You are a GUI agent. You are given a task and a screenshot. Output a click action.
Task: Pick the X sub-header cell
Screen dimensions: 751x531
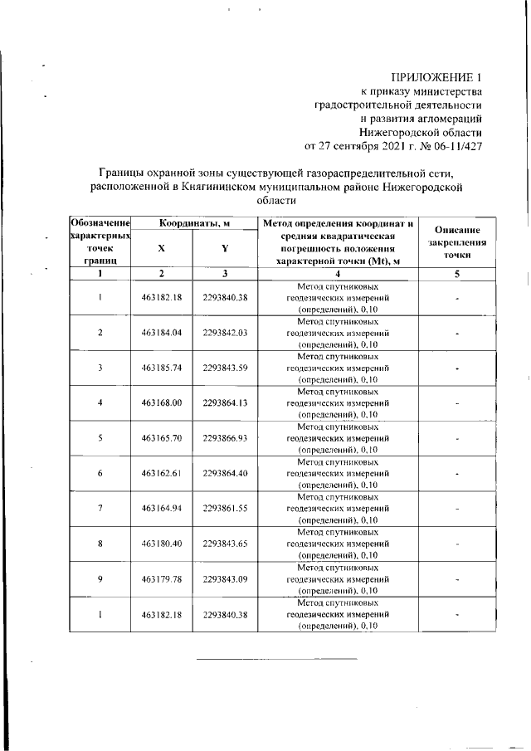pos(161,248)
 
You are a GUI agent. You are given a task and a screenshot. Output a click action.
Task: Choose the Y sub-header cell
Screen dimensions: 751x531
pos(224,248)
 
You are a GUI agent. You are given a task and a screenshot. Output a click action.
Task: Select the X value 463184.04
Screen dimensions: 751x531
pos(161,333)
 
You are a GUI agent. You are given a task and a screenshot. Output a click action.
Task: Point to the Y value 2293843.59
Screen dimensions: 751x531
pos(224,368)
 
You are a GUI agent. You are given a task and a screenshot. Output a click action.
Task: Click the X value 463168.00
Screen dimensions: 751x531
pos(161,403)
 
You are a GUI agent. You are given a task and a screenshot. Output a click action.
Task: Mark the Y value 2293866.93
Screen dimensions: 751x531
pos(224,438)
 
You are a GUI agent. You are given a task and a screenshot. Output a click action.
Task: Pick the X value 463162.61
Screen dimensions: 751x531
pos(161,473)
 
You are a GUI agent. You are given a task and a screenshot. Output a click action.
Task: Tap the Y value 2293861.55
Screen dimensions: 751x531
pos(224,508)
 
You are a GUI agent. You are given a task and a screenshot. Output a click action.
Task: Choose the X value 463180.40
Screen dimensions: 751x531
pos(161,544)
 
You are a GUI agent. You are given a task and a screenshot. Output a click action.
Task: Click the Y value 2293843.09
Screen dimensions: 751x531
pos(224,578)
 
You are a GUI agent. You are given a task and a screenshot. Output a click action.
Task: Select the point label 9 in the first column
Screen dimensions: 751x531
pos(100,578)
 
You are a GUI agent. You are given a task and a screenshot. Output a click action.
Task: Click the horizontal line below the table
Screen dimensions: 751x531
pos(275,659)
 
